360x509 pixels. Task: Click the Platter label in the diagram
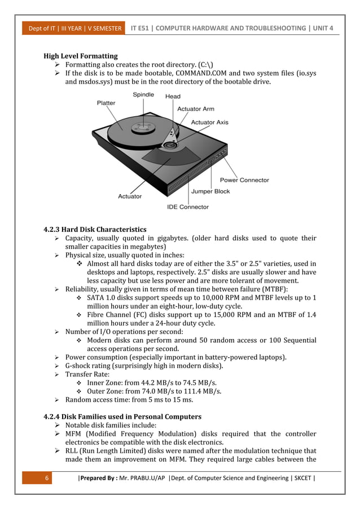click(x=106, y=103)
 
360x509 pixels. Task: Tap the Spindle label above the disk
click(x=143, y=95)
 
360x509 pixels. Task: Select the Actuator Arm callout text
click(x=196, y=109)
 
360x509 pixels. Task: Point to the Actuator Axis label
click(x=210, y=122)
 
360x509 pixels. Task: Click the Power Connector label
click(x=244, y=180)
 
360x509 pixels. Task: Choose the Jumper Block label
click(x=210, y=191)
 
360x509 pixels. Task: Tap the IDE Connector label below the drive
click(x=188, y=207)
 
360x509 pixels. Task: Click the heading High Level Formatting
click(x=81, y=56)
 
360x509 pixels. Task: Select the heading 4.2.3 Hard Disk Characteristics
click(x=95, y=230)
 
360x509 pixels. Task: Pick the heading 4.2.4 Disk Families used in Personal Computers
click(x=122, y=416)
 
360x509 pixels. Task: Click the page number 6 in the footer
click(x=48, y=479)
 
